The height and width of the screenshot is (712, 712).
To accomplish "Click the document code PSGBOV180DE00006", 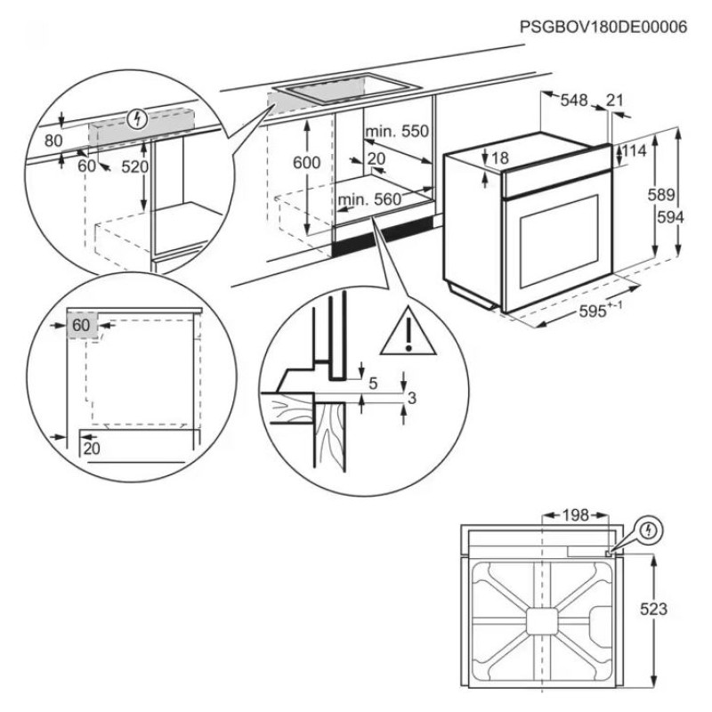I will click(603, 28).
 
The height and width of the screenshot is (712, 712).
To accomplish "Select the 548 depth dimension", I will click(574, 101).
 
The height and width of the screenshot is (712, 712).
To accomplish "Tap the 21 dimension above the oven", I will click(615, 101).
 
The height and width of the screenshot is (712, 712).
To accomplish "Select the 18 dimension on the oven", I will click(499, 158).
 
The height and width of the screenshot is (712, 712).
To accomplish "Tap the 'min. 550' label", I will click(396, 132).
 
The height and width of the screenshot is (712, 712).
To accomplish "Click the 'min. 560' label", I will click(370, 200).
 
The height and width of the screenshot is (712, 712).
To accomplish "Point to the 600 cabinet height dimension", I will click(305, 162).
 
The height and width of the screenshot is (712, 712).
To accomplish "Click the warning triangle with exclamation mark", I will click(407, 331).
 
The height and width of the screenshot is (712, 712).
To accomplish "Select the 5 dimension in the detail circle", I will click(374, 384).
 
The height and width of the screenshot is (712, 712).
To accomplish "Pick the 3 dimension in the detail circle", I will click(410, 399).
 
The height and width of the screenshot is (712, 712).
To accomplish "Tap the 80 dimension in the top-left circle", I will click(53, 140).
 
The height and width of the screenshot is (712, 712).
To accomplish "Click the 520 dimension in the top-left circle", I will click(133, 166).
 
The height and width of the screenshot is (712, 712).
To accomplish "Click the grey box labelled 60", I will click(80, 326).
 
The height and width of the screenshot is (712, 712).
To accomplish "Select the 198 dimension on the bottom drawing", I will click(576, 514).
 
